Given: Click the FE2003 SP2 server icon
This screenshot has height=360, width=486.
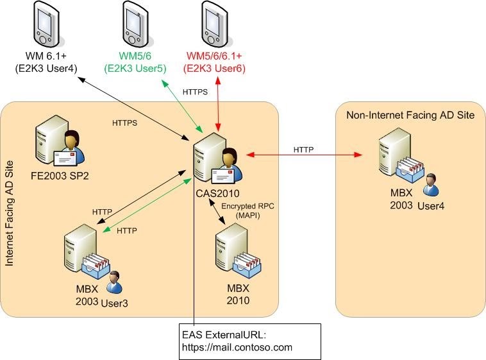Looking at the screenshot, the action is point(60,142).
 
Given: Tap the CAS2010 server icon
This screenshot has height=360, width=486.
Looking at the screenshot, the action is point(217,159).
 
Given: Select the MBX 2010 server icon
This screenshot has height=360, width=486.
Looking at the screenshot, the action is point(238,252).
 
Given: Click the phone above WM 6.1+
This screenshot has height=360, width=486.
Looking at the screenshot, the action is point(47,23).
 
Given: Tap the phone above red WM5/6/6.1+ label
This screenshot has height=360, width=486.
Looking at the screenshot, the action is point(215,23).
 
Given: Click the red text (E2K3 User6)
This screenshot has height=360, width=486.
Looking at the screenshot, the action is point(215,68).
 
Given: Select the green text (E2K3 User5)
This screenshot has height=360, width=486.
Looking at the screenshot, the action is point(135,68).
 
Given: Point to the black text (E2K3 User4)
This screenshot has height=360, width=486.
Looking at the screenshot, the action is point(46,68).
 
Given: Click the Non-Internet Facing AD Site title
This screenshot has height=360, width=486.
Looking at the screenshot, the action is point(410,115).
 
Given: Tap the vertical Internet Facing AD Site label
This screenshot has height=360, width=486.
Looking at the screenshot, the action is point(10,213).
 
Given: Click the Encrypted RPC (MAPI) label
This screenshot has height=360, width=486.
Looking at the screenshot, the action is point(247,210).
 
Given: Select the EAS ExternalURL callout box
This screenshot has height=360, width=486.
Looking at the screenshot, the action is point(250,341).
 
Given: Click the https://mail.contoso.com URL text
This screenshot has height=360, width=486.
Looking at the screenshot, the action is point(237,347).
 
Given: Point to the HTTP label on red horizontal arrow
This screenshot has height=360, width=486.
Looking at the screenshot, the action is point(303,150).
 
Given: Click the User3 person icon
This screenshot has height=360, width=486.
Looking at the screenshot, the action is point(114,282).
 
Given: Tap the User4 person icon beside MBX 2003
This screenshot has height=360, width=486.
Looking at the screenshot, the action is point(431,185).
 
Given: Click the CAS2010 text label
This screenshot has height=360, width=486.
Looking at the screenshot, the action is point(217,193).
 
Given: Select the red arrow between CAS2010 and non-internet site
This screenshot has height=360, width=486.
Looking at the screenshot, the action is point(304,155).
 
